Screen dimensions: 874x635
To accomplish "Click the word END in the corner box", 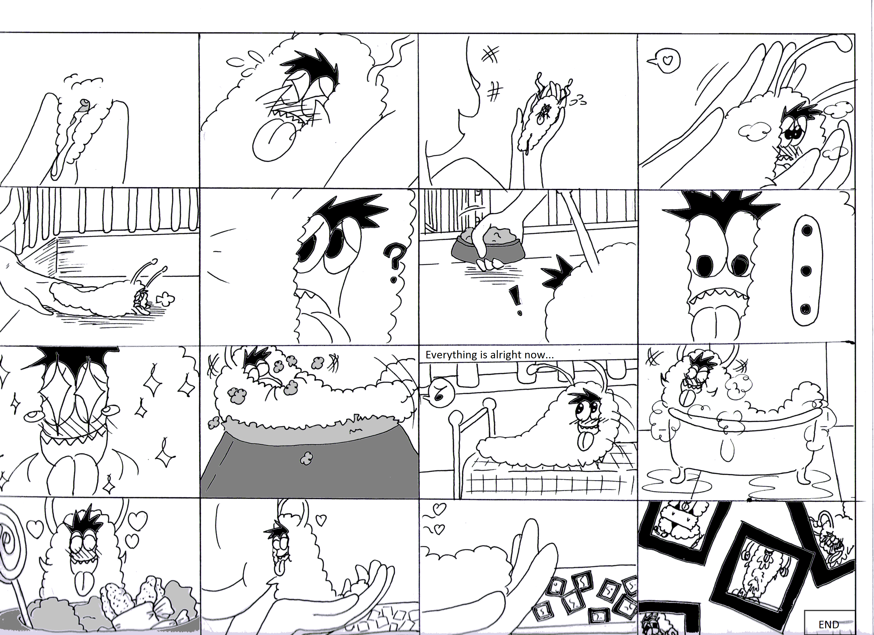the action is (x=828, y=624).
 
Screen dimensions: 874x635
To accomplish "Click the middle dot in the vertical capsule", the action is (x=806, y=270).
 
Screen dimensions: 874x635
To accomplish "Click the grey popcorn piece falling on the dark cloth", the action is (x=306, y=458).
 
